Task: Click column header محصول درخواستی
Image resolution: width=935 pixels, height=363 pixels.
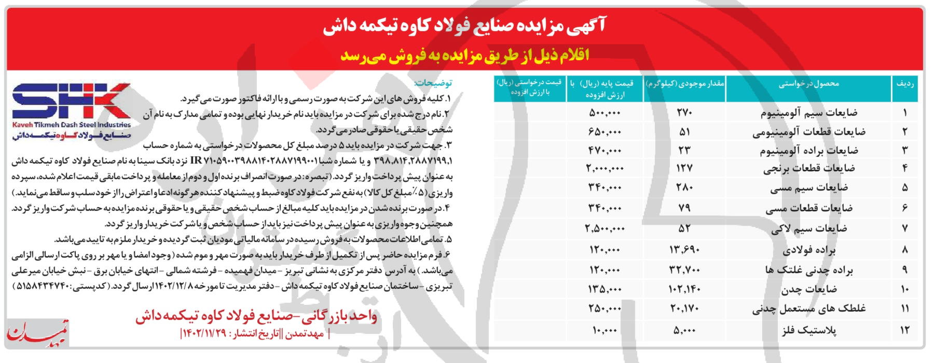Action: [x=808, y=84]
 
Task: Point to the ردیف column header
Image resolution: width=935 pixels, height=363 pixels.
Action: [x=904, y=84]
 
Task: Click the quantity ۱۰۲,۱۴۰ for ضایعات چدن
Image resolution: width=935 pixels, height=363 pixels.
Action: [x=684, y=289]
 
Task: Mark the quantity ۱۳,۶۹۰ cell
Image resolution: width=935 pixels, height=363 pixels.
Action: [x=684, y=250]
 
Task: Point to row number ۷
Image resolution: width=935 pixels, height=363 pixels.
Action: [x=904, y=228]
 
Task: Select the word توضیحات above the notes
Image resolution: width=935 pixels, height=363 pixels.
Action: [x=433, y=83]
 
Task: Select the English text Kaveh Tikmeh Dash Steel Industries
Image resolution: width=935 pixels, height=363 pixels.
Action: [x=71, y=125]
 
